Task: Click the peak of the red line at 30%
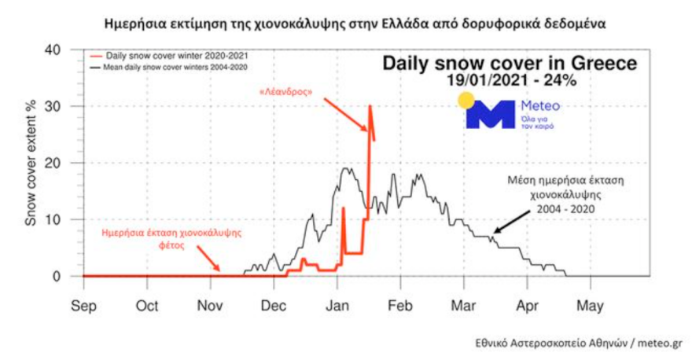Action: click(x=370, y=106)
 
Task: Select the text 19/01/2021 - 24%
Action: click(x=510, y=80)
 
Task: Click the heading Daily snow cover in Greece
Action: click(x=510, y=63)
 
